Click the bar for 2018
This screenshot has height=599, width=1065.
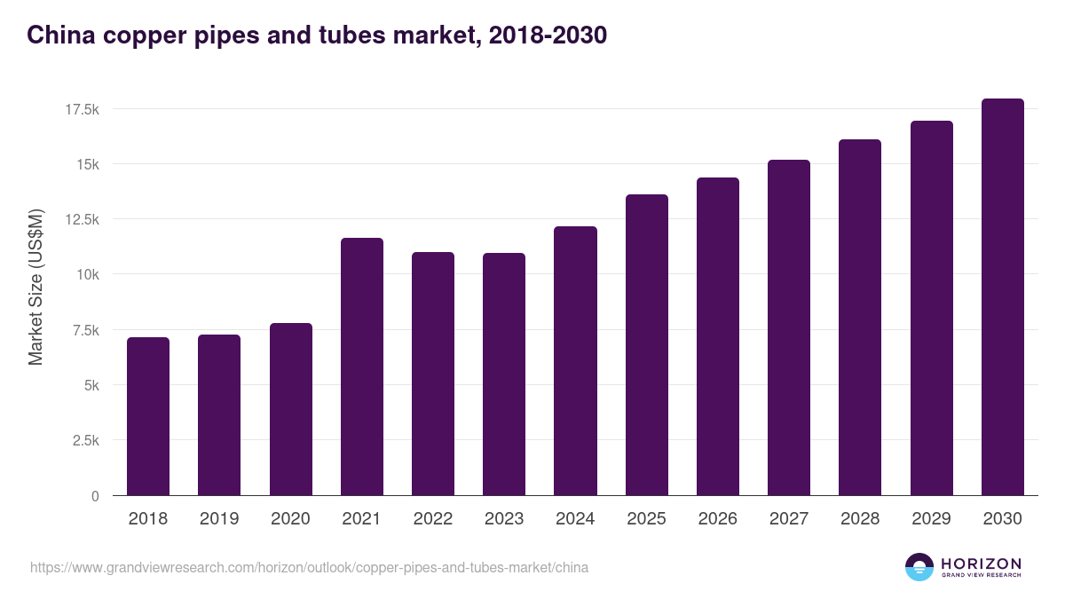[148, 416]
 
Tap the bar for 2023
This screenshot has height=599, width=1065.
[504, 374]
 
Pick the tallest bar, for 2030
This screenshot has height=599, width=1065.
[1002, 296]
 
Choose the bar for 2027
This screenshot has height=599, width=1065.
[789, 327]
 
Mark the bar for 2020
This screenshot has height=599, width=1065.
[290, 409]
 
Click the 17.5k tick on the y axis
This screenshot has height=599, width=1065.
[81, 109]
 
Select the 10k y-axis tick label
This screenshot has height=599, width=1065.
[87, 275]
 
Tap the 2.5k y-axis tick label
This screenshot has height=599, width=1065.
[84, 441]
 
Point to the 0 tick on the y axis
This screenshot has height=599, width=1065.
[94, 496]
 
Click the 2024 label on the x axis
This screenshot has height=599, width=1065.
[575, 519]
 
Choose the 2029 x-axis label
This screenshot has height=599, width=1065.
[931, 519]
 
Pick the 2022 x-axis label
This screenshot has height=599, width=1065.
[432, 519]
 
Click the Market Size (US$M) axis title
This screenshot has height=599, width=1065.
[35, 288]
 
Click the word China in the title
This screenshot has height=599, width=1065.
[58, 35]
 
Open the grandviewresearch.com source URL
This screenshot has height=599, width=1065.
[309, 567]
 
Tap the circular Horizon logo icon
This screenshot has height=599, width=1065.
[919, 567]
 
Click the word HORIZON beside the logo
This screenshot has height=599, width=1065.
[981, 563]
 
